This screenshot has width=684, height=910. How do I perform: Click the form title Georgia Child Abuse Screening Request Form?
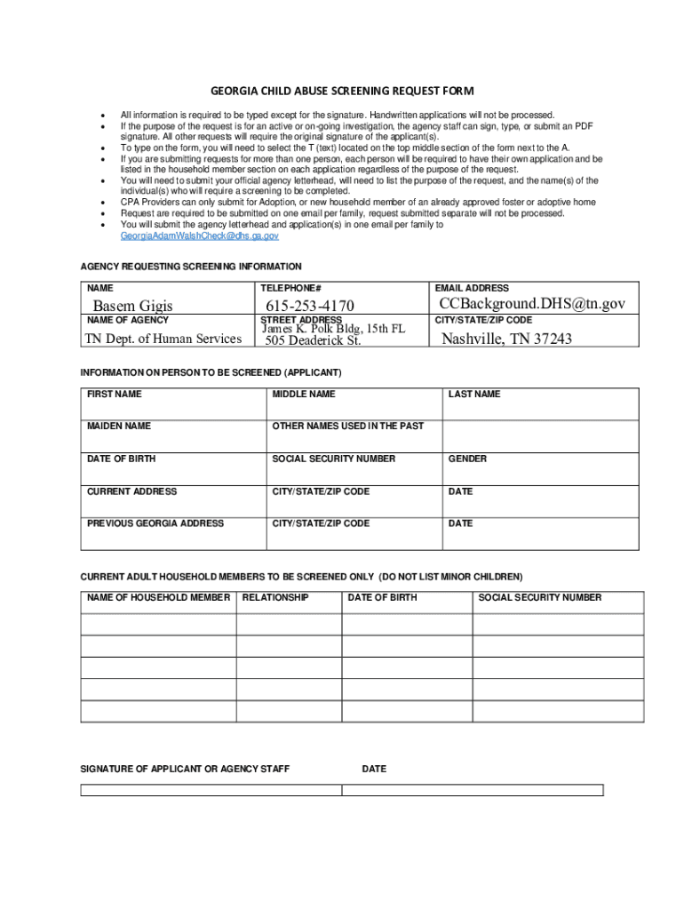[x=342, y=91]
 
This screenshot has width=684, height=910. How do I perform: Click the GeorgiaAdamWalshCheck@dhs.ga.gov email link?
[x=199, y=236]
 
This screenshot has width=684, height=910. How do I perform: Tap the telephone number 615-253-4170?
[x=310, y=307]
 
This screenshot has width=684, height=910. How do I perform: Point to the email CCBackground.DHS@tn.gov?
[x=532, y=304]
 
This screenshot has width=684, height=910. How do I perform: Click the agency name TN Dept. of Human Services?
[x=163, y=339]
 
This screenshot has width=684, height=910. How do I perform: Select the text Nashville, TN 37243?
[x=506, y=339]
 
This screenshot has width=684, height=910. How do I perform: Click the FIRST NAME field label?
[x=114, y=394]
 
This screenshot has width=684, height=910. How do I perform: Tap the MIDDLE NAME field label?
[x=304, y=394]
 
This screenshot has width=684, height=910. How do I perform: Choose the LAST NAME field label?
[x=474, y=394]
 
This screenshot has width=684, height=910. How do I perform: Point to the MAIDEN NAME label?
[x=119, y=427]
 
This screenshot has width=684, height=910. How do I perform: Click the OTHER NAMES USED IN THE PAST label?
[x=348, y=427]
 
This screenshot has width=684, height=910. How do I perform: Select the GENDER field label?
[x=467, y=459]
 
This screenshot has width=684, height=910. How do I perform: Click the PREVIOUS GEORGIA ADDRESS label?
[x=155, y=523]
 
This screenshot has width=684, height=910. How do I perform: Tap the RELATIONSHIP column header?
[x=275, y=597]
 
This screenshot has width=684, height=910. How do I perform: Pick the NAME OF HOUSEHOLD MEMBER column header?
[x=158, y=597]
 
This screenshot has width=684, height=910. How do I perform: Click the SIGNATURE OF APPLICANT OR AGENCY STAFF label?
[x=185, y=769]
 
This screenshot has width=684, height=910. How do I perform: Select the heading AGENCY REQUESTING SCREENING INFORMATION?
[x=191, y=267]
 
